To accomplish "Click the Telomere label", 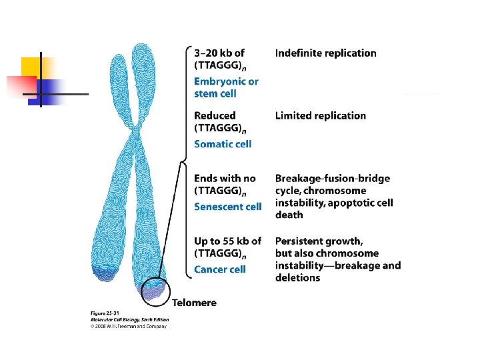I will [194, 303].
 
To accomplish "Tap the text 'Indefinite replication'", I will [325, 53].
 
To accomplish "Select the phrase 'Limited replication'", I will [320, 116].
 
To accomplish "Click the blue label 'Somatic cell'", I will [223, 144].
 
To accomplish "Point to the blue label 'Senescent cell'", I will [227, 207].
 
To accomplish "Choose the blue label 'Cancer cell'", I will [219, 269].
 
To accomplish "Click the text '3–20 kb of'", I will [219, 53].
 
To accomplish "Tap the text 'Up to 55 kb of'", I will [227, 241].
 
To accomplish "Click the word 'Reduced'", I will [215, 116].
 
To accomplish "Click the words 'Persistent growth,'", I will [319, 241].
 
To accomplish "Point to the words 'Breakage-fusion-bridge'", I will [333, 179].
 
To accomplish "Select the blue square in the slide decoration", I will [52, 89].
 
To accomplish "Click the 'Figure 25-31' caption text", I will [105, 313].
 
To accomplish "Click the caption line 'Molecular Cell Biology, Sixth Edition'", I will [129, 319].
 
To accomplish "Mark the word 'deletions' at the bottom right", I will [297, 277].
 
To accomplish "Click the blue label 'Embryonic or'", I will [226, 81].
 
